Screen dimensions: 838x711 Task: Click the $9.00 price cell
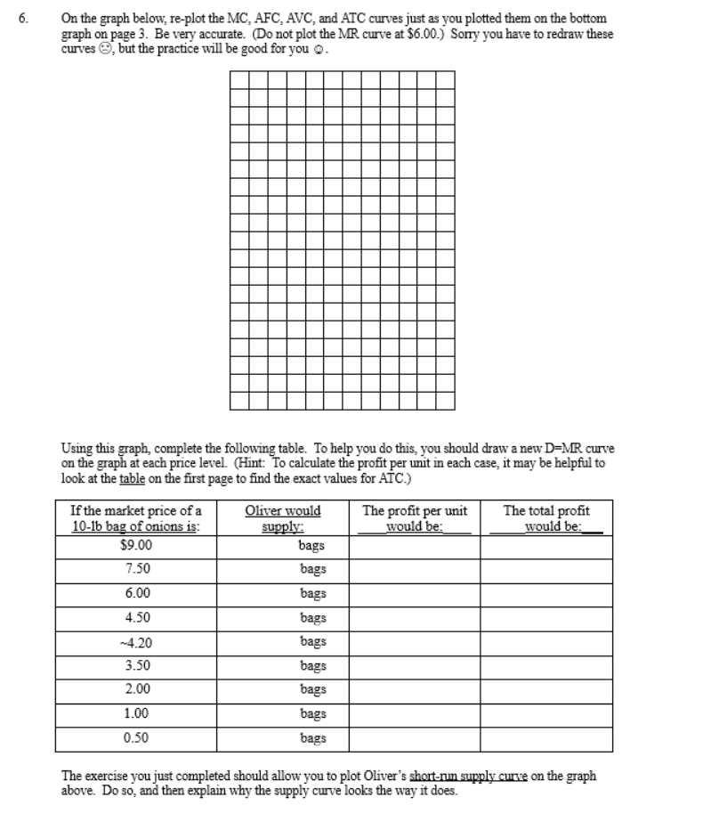pos(136,545)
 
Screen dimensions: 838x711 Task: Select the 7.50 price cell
pos(136,569)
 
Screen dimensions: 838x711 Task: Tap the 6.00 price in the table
pos(136,593)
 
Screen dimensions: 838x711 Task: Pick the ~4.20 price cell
pos(136,641)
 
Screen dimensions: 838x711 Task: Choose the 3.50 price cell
pos(136,665)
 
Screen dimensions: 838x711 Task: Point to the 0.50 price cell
pos(136,737)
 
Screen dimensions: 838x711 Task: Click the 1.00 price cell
pos(136,713)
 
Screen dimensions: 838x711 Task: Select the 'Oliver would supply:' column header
pos(282,517)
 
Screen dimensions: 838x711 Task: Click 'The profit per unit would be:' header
pos(415,517)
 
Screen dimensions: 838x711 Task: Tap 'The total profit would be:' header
pos(546,517)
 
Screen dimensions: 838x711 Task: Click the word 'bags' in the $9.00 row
pos(312,545)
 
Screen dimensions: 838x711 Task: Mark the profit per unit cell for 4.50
pos(415,617)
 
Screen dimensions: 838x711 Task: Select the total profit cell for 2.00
pos(546,689)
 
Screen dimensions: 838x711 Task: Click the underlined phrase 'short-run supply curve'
pos(456,776)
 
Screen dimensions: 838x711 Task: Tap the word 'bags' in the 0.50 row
pos(312,737)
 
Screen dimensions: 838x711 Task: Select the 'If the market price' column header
pos(136,517)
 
